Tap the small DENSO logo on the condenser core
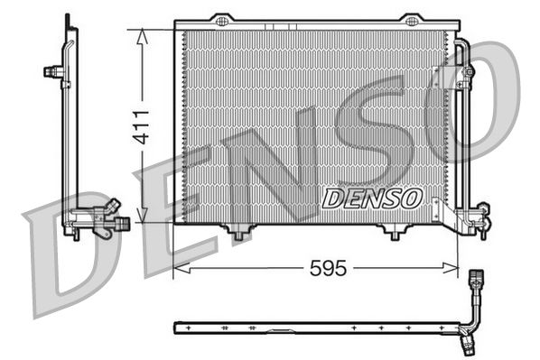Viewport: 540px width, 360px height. tap(370, 196)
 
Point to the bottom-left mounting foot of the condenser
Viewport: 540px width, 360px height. tap(238, 233)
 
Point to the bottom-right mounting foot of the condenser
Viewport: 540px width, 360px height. tap(394, 233)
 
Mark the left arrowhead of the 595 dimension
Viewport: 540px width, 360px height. tap(180, 268)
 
